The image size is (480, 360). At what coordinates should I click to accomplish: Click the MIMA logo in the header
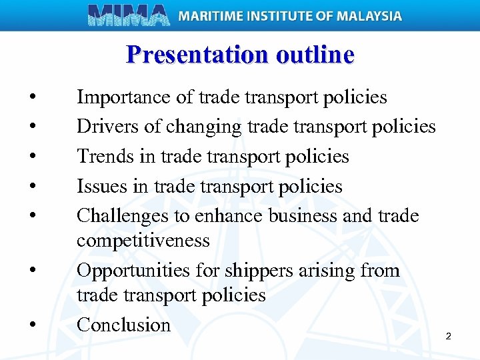click(129, 15)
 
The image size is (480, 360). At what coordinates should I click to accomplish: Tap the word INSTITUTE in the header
click(283, 15)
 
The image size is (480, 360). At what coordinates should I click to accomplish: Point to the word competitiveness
click(143, 240)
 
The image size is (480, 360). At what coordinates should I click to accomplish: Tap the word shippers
click(257, 271)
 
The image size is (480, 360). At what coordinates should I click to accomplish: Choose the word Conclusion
click(123, 325)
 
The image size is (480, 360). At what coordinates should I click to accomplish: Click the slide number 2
click(448, 336)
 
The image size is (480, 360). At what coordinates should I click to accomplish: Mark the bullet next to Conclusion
click(32, 326)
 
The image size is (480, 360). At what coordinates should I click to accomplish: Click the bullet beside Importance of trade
click(32, 99)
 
